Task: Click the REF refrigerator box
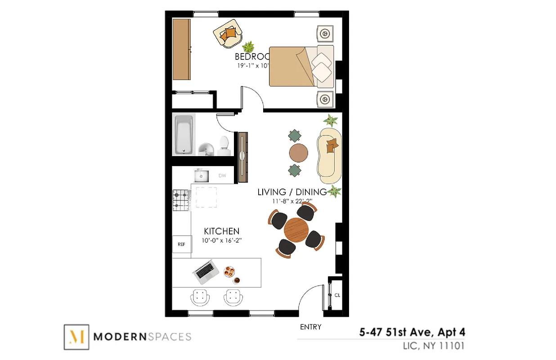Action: point(182,244)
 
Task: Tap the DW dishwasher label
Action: point(222,176)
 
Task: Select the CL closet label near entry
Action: point(337,295)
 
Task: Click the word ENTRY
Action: point(310,327)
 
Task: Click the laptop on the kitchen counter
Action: point(206,271)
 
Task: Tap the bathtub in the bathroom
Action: point(184,135)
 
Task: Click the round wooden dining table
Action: point(296,230)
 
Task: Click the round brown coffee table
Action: point(299,153)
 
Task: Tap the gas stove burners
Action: point(181,200)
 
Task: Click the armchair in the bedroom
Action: point(228,34)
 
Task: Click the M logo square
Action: point(76,337)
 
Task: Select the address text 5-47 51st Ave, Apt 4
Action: point(412,333)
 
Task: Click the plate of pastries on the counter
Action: point(229,271)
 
